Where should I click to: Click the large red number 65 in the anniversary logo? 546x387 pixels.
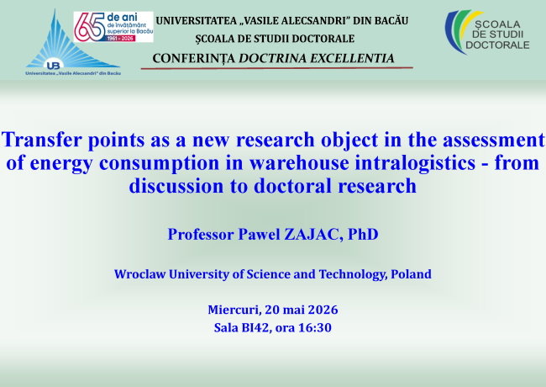click(89, 26)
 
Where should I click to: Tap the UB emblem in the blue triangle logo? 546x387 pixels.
click(53, 65)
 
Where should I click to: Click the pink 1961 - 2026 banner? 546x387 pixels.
click(120, 39)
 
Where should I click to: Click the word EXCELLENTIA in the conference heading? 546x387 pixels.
click(352, 58)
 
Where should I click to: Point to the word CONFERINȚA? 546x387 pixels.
click(193, 59)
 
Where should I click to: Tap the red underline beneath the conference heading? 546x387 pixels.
click(277, 68)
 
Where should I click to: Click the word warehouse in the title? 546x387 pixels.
click(299, 163)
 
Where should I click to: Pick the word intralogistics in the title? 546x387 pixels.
click(415, 163)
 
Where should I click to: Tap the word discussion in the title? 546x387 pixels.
click(176, 185)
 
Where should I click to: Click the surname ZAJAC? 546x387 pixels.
click(312, 234)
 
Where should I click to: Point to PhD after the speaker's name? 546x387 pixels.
click(363, 234)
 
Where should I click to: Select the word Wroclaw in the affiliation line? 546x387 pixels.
click(140, 274)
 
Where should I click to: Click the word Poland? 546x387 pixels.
click(412, 274)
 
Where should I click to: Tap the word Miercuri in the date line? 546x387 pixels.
click(234, 310)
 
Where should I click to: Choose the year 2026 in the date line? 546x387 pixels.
click(323, 310)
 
